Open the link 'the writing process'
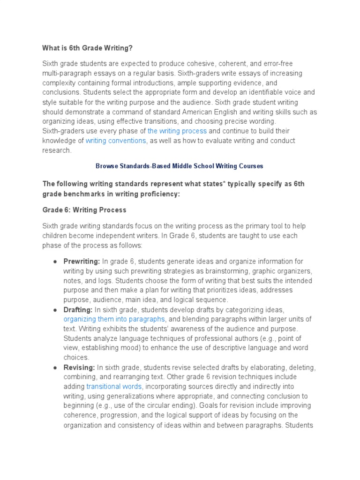(x=177, y=131)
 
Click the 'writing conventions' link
(x=116, y=141)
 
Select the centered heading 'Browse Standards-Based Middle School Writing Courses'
(x=180, y=166)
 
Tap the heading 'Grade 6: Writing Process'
(x=84, y=210)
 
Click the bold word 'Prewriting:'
(x=82, y=261)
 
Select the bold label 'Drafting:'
(x=78, y=309)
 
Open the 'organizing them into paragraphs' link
(x=114, y=319)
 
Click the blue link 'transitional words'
(x=114, y=386)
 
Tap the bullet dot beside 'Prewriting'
(x=55, y=261)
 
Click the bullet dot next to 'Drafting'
(x=55, y=309)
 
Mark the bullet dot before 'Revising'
(x=55, y=367)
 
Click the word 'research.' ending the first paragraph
(x=57, y=150)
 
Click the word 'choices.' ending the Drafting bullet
(x=76, y=358)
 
